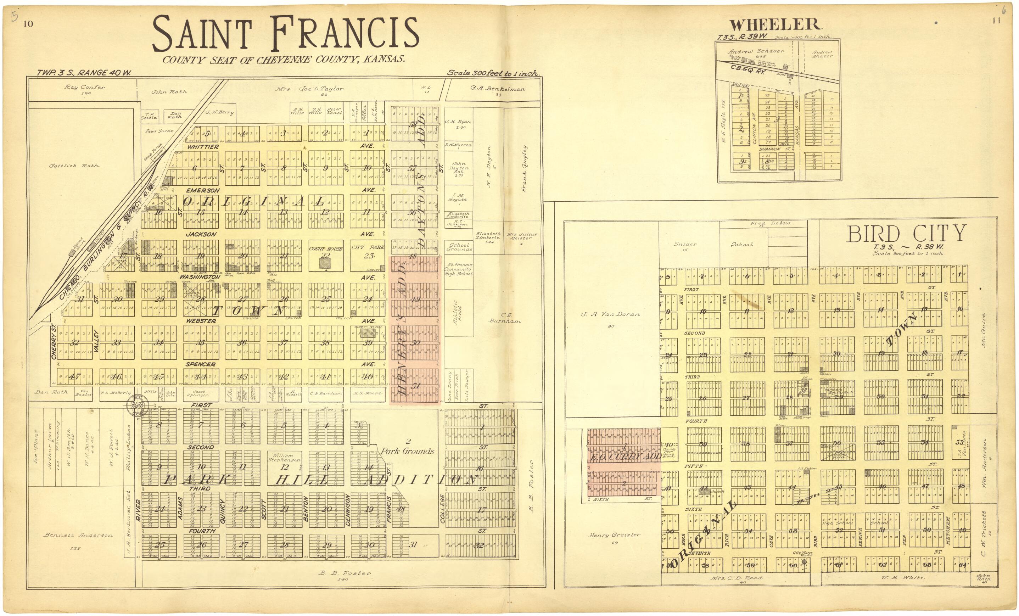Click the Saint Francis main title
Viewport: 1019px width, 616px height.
point(285,34)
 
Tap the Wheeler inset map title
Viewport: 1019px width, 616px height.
point(775,25)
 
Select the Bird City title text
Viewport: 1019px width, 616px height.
point(906,234)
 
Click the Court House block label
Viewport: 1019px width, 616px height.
point(325,249)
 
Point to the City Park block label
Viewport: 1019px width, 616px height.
point(368,247)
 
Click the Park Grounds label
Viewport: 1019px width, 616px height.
point(407,451)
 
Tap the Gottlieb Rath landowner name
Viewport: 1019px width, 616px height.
point(74,166)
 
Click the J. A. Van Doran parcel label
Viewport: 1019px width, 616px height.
point(610,314)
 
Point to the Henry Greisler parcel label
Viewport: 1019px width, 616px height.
point(614,535)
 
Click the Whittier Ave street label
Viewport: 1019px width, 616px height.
point(203,147)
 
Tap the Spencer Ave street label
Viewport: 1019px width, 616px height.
point(201,364)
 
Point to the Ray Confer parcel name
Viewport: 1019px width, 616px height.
point(85,87)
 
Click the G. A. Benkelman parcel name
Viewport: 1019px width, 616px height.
point(498,89)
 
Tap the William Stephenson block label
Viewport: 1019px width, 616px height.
point(284,457)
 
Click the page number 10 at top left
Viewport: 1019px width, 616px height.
point(28,23)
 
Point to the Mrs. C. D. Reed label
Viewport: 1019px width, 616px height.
point(737,578)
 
